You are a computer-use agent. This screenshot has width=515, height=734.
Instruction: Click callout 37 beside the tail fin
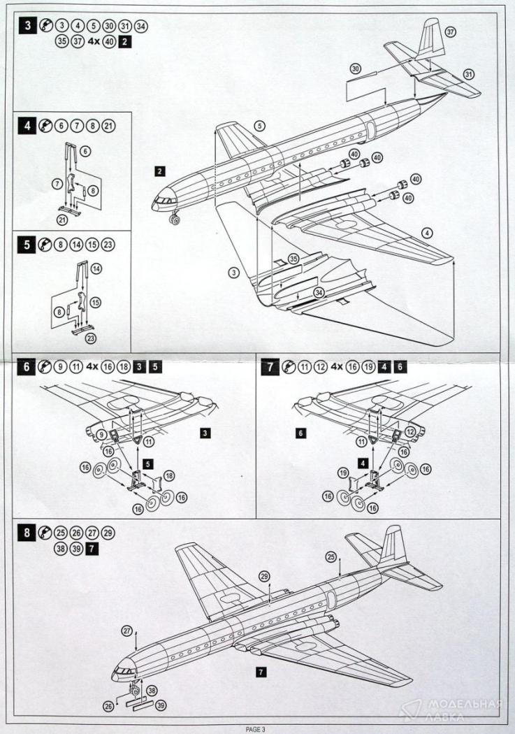[x=451, y=32]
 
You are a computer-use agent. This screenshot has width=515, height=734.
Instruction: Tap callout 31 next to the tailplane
[x=468, y=74]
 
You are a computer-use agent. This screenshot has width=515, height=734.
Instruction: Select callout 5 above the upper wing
[x=260, y=127]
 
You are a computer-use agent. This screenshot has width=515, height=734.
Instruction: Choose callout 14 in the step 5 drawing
[x=96, y=268]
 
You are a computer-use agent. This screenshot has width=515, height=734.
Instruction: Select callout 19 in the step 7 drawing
[x=344, y=473]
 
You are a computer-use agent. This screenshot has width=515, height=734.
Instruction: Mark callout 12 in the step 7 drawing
[x=411, y=431]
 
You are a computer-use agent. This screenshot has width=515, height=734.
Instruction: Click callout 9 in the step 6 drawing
[x=101, y=435]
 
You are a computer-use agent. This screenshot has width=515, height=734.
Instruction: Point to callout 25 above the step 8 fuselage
[x=331, y=556]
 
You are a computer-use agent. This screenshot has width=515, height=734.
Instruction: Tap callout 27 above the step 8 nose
[x=127, y=630]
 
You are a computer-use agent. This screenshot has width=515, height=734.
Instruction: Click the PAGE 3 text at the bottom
[x=256, y=729]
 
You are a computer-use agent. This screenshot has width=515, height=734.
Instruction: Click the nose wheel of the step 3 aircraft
[x=174, y=221]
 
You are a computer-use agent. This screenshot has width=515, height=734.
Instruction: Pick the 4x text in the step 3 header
[x=92, y=41]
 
